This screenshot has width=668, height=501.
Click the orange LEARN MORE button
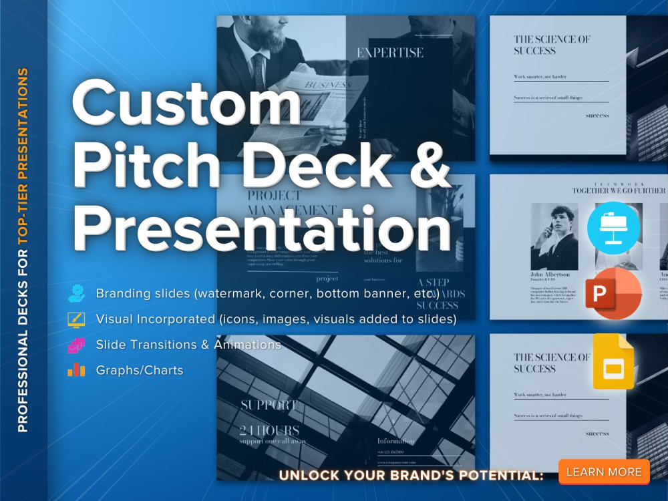(604, 472)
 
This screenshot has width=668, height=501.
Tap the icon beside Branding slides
(75, 293)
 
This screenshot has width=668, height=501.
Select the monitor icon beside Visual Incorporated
(75, 319)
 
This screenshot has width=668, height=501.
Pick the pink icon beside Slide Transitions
(75, 345)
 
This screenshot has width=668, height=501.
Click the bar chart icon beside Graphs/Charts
(75, 369)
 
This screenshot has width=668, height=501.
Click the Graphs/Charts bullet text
(139, 370)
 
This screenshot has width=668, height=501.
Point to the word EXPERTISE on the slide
(389, 53)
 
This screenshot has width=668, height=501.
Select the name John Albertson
(550, 275)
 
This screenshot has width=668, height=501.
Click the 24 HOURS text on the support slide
(269, 430)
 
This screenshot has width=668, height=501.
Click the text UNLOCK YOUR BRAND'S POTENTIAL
(411, 476)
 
